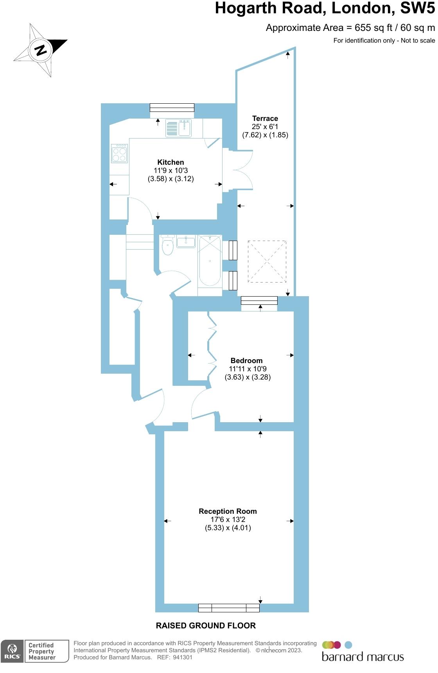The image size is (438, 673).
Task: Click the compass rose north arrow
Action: point(41,50)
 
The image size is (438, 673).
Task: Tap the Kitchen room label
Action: point(171,162)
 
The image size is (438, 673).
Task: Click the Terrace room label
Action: point(265,118)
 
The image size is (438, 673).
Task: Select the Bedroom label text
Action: point(246,360)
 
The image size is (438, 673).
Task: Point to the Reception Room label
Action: point(228,511)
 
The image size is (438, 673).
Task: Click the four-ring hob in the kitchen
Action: point(120,153)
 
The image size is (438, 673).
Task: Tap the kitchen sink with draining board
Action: point(179,128)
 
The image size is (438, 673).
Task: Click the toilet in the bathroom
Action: point(167,245)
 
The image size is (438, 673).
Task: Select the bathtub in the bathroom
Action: point(210,261)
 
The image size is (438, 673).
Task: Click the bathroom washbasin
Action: point(186,242)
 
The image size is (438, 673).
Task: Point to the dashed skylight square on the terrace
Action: point(267,261)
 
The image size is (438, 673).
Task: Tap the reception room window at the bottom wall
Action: point(229,608)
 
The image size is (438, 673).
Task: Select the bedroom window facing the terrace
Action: point(259,301)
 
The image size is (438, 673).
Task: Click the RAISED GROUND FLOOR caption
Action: point(206,626)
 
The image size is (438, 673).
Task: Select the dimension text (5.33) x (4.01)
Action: point(228,528)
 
